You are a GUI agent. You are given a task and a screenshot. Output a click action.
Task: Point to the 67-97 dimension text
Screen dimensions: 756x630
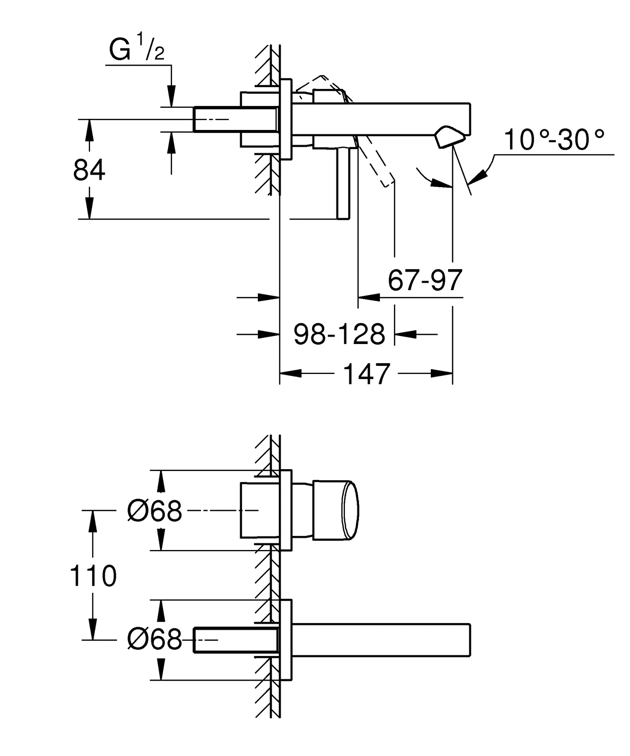[425, 280]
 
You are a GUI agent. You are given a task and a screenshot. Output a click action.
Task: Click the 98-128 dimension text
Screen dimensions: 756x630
[339, 334]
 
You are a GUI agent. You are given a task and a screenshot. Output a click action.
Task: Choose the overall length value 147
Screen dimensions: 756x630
[367, 374]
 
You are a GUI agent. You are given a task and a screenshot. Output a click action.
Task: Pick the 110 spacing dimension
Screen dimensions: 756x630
[93, 576]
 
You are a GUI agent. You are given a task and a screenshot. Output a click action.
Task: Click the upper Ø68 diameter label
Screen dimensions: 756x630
[155, 511]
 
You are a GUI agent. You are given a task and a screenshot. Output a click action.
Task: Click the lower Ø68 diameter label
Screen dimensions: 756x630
[155, 640]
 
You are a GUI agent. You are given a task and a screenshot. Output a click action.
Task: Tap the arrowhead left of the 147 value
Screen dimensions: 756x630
[291, 373]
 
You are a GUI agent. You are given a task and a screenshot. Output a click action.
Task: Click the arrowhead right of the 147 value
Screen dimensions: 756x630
[441, 373]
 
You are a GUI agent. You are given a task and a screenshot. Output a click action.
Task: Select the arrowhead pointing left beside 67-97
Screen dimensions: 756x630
[369, 297]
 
